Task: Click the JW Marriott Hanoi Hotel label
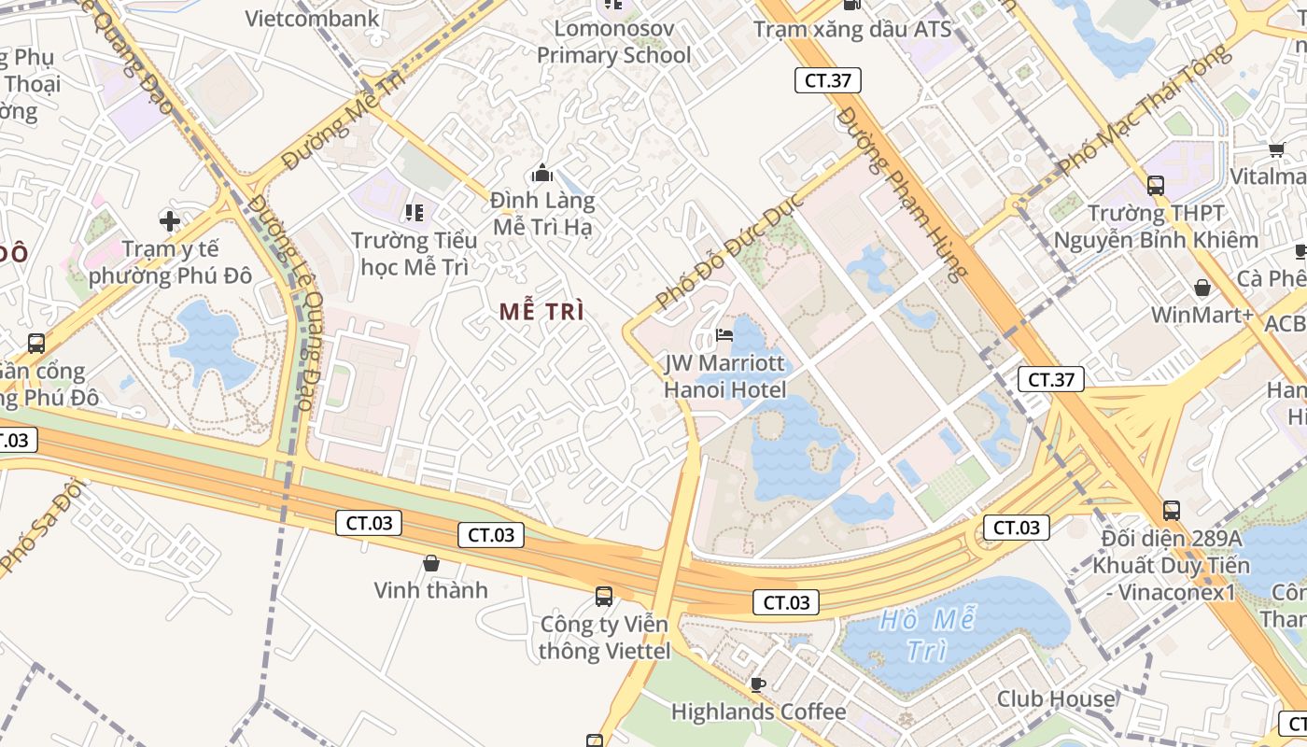pos(724,375)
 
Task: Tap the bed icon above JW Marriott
pos(724,335)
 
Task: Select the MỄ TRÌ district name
pos(541,312)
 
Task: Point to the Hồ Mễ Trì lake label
pos(927,634)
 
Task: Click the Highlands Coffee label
pos(758,712)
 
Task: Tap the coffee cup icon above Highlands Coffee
pos(758,684)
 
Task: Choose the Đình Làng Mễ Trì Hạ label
pos(542,214)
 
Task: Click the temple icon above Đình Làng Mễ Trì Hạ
pos(541,174)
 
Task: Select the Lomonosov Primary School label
pos(613,42)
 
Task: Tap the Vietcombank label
pos(312,18)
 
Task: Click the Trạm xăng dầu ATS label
pos(852,29)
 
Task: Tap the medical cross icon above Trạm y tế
pos(169,221)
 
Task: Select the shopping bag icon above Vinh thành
pos(431,563)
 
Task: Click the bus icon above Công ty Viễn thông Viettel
pos(604,596)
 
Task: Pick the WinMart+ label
pos(1202,315)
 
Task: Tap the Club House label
pos(1055,698)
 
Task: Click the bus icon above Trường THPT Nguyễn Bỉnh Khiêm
pos(1156,186)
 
